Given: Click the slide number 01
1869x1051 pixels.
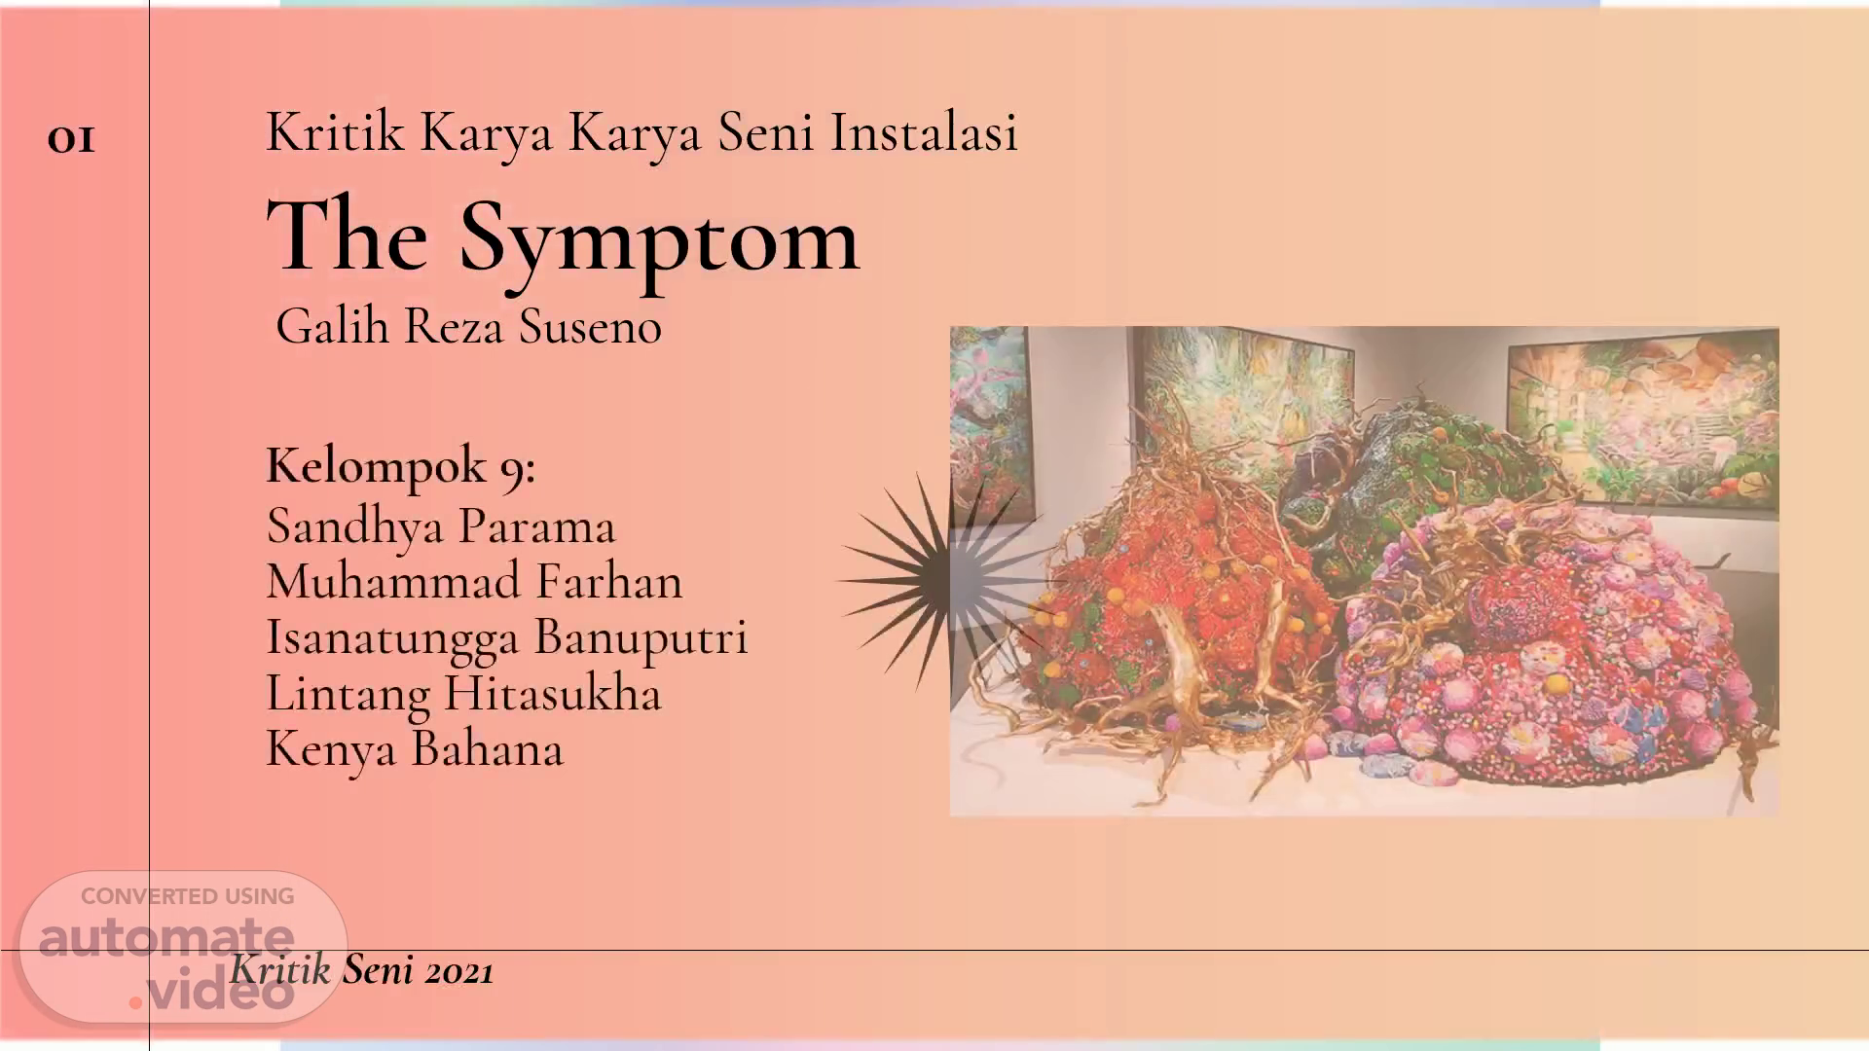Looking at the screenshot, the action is pos(71,140).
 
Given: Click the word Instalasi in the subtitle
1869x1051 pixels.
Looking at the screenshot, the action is pos(924,131).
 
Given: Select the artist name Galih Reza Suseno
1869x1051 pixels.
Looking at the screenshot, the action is pos(468,326).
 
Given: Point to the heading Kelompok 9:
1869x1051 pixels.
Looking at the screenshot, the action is pos(401,466).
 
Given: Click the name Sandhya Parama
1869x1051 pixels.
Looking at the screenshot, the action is pos(441,525).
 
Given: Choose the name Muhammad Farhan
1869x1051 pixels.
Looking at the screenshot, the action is pos(475,581).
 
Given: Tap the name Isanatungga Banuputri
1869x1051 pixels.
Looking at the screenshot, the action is pos(507,638).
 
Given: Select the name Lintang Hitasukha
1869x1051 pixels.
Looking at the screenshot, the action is pos(463,694).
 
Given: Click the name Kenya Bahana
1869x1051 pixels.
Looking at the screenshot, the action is pos(415,749).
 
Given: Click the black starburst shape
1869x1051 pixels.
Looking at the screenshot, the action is pos(939,581).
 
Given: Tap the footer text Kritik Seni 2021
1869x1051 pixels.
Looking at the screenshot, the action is pos(362,970).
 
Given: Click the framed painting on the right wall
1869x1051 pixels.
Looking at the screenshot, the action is pos(1643,423).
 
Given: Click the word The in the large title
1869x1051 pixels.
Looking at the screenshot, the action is pos(348,236).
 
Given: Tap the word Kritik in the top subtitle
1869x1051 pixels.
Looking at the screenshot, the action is pos(335,131).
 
